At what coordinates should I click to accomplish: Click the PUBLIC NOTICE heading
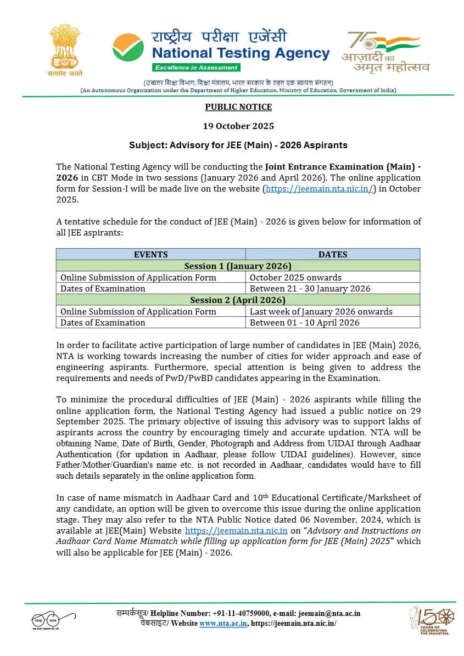tap(238, 107)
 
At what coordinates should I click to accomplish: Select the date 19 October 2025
tap(238, 126)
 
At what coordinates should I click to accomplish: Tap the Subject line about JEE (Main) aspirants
tap(238, 145)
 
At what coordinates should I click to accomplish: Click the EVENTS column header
tap(150, 254)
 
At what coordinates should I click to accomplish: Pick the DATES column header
tap(333, 254)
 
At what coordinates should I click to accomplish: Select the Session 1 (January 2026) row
tap(238, 266)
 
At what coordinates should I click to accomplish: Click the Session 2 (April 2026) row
tap(238, 300)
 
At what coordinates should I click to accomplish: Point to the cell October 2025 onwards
tap(295, 277)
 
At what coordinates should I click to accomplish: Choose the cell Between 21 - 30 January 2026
tap(310, 288)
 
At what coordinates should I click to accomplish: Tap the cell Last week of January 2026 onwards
tap(321, 311)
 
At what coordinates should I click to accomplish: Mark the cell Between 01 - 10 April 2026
tap(304, 323)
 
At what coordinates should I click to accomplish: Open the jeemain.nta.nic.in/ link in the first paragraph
tap(319, 189)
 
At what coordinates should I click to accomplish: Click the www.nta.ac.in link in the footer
tap(223, 623)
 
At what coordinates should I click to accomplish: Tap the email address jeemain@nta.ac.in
tap(329, 614)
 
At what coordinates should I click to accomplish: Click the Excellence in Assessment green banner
tap(196, 68)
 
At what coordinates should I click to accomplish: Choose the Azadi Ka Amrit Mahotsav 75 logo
tap(385, 52)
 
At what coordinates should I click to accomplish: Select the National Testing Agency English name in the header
tap(241, 54)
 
